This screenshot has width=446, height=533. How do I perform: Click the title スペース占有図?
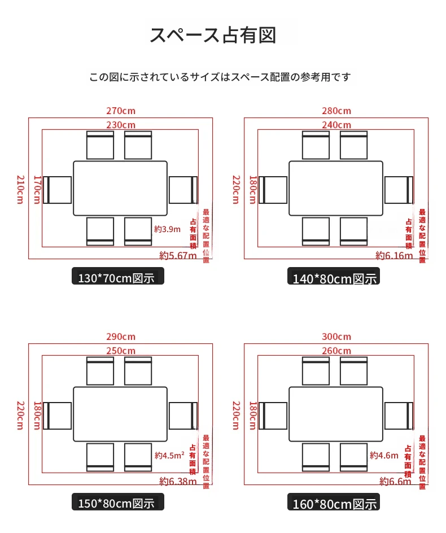[213, 35]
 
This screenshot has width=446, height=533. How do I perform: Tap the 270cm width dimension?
[121, 111]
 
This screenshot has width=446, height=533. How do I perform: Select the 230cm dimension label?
[121, 125]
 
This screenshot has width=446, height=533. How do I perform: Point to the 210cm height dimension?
[20, 189]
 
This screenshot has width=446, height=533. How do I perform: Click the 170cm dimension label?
[37, 189]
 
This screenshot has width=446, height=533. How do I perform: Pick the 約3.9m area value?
[167, 229]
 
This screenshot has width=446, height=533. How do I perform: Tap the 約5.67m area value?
[178, 255]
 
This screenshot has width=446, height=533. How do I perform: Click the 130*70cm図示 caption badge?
[117, 276]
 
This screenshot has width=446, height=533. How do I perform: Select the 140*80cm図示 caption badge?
[334, 276]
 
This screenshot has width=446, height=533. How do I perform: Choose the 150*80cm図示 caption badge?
[117, 502]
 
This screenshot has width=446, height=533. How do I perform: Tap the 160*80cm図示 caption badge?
[334, 502]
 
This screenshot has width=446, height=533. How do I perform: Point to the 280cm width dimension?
[336, 111]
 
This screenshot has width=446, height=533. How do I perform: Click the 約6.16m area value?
[394, 255]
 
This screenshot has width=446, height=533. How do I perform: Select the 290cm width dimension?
[121, 337]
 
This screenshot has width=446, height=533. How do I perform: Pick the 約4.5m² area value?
[169, 455]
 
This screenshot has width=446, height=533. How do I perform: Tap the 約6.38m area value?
[178, 481]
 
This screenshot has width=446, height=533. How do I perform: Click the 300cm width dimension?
[336, 337]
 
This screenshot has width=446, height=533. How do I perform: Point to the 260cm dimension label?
[336, 351]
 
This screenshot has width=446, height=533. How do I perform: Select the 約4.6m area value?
[384, 455]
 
